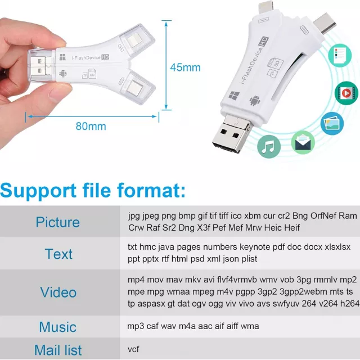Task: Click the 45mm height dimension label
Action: (x=185, y=67)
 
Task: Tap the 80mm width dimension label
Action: (x=91, y=126)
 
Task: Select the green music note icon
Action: (x=269, y=146)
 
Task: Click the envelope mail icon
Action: (x=303, y=142)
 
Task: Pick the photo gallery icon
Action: (x=332, y=124)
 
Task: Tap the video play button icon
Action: (x=346, y=93)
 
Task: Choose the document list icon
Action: (x=340, y=55)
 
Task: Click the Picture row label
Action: (x=57, y=222)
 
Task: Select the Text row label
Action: (x=58, y=254)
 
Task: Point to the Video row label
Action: (x=58, y=292)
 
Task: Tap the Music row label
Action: (x=57, y=327)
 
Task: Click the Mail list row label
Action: (x=58, y=350)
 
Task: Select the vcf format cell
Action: (x=133, y=349)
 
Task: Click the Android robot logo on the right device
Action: (x=255, y=100)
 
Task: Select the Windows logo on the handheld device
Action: (x=62, y=57)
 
